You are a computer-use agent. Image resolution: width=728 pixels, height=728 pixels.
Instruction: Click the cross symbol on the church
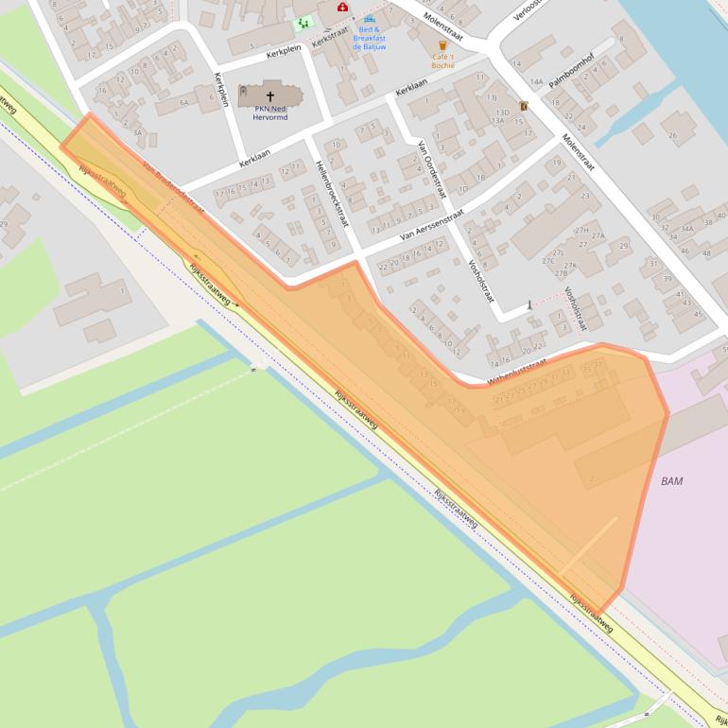(x=270, y=95)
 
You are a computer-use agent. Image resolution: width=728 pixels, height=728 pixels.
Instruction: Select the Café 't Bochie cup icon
(x=442, y=44)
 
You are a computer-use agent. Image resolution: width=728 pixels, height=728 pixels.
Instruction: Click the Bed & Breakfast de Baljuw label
(x=370, y=38)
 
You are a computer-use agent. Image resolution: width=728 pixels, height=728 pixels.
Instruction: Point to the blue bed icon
(x=370, y=19)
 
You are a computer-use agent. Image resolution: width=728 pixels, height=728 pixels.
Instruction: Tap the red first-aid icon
(x=342, y=8)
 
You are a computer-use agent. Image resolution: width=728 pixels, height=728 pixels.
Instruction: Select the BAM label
(x=672, y=481)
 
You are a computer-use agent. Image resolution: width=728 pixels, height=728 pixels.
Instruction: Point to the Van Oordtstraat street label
(x=431, y=168)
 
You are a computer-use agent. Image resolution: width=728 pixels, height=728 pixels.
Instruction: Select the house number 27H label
(x=582, y=231)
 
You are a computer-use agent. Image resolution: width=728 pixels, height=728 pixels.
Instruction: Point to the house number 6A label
(x=184, y=100)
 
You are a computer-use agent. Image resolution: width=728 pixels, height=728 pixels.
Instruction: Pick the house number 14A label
(x=536, y=83)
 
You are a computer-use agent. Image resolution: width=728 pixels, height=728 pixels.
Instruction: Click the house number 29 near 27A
(x=624, y=246)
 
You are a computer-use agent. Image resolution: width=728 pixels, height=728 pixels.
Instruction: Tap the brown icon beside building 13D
(x=523, y=106)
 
